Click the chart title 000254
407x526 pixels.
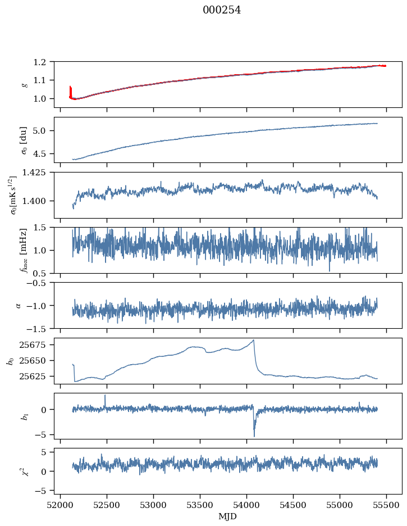(222, 10)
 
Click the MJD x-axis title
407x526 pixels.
(228, 516)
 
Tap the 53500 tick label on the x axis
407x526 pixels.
(200, 504)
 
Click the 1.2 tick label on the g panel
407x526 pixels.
(42, 62)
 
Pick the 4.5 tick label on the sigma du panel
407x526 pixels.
(42, 153)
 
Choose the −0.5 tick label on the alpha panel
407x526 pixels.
(39, 283)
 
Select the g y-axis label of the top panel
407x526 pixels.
(24, 84)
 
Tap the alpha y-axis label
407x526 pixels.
(19, 305)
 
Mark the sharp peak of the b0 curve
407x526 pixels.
(254, 340)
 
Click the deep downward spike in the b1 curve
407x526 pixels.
(254, 436)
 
